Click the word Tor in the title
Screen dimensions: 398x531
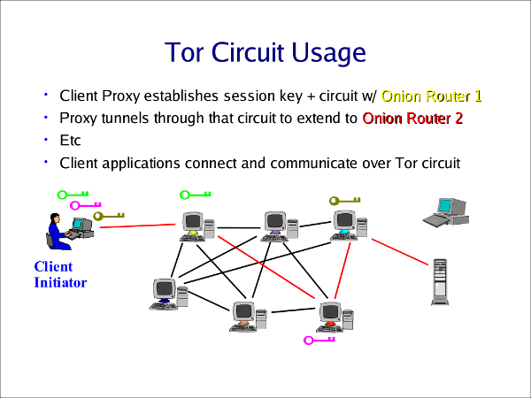pyautogui.click(x=188, y=52)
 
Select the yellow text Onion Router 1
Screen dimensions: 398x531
pyautogui.click(x=431, y=96)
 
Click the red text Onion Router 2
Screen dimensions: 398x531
pyautogui.click(x=412, y=118)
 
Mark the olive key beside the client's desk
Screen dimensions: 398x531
pyautogui.click(x=109, y=214)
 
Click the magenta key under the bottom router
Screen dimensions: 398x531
pyautogui.click(x=319, y=340)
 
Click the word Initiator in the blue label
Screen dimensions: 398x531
pyautogui.click(x=59, y=282)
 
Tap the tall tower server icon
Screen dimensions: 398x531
pyautogui.click(x=439, y=282)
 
